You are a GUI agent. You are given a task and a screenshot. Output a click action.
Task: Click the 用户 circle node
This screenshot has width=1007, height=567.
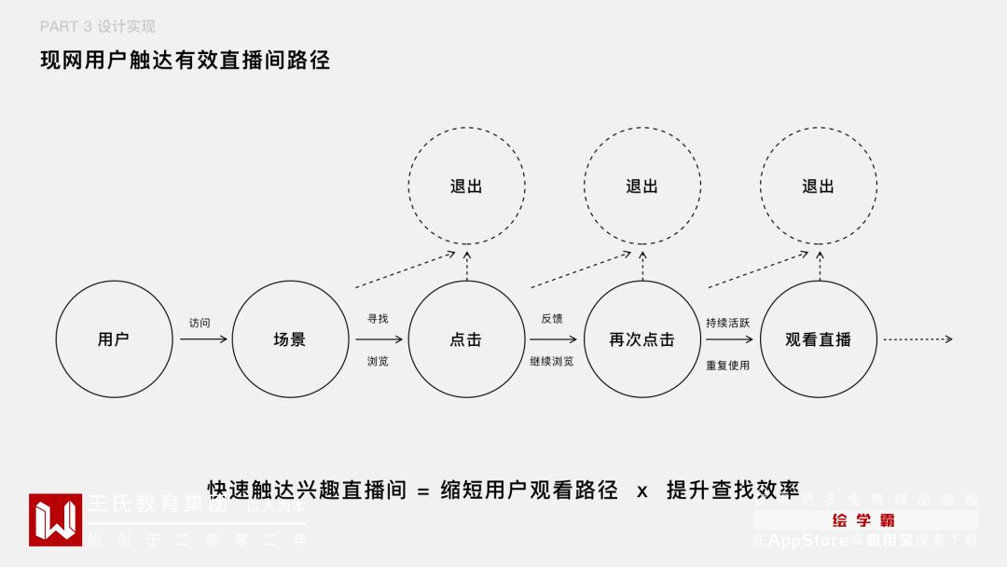114,339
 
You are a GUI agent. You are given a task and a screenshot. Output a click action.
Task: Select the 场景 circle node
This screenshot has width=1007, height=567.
290,339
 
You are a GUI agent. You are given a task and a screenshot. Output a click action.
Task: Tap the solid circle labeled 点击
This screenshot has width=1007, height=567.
466,339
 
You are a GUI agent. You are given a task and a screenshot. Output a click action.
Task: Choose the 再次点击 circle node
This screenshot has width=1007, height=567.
641,339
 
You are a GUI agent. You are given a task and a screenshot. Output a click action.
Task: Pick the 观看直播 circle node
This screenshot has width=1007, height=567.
818,339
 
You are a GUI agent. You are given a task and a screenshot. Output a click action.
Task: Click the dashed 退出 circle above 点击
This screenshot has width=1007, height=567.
466,186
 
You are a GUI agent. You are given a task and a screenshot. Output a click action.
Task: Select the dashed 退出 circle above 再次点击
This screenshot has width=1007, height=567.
641,186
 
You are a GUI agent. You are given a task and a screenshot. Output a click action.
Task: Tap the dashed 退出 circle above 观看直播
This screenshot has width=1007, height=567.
818,186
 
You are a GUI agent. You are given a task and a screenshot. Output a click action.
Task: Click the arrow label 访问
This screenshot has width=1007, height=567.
200,323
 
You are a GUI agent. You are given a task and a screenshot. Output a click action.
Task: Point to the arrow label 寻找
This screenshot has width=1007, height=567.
378,319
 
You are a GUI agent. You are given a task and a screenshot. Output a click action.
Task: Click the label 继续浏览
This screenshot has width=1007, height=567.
552,361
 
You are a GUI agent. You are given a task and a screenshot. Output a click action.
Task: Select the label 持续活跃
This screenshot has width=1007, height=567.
727,323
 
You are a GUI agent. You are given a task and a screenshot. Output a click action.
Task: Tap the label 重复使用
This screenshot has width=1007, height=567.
727,365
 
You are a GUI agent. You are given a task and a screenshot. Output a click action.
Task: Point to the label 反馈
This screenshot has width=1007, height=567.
552,319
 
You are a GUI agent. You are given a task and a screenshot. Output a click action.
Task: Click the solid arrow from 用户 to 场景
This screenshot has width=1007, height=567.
202,339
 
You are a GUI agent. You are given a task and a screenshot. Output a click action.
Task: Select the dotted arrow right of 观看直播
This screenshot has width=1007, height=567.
917,339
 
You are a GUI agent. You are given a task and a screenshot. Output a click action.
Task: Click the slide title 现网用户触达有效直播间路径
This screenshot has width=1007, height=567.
185,61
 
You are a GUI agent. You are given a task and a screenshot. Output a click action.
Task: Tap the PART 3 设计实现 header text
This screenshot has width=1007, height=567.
98,27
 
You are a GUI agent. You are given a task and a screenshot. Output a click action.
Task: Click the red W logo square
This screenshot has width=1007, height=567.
55,519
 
